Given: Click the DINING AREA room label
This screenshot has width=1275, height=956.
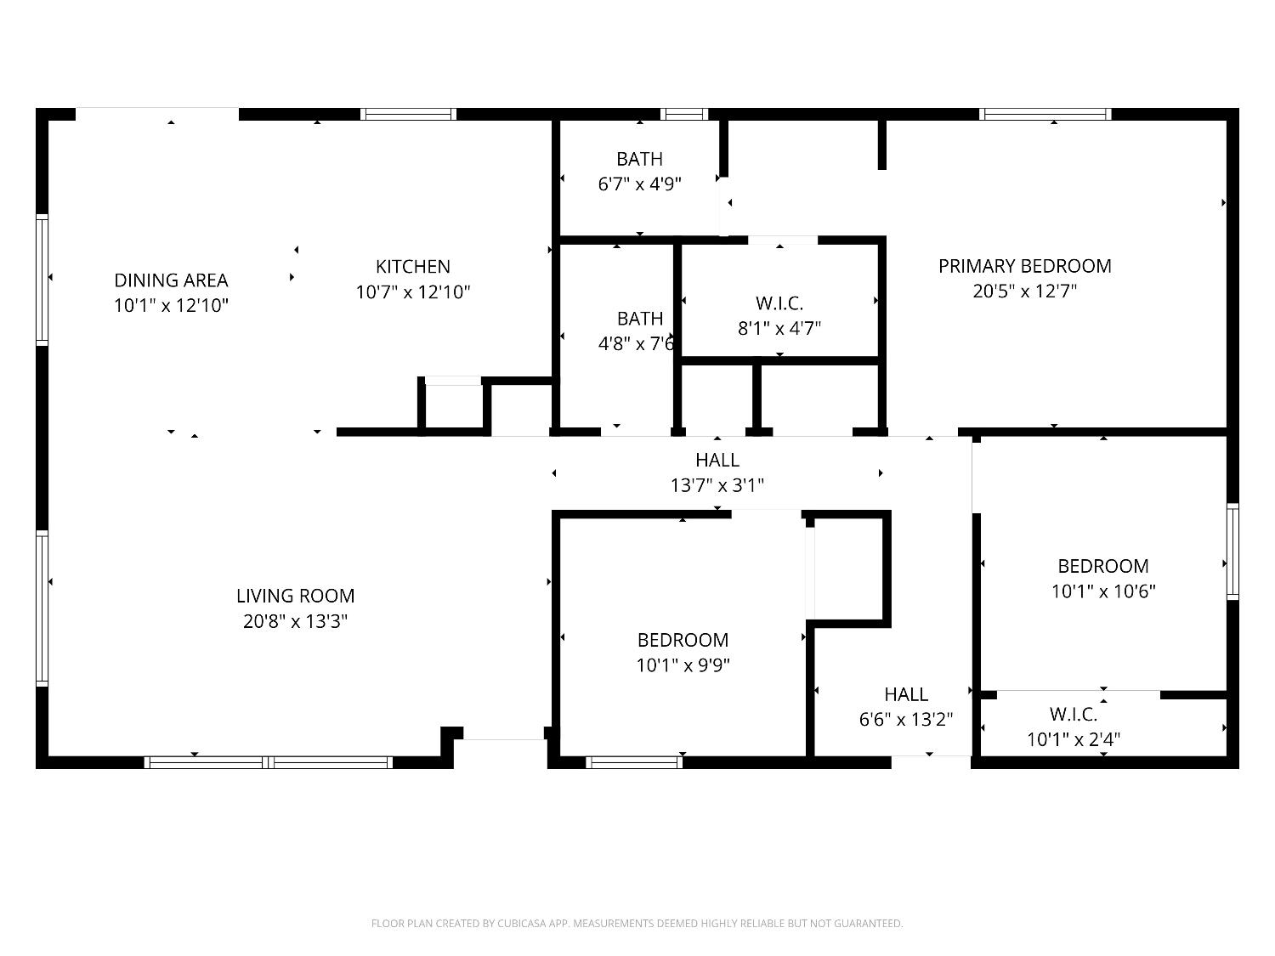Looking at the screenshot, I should click(171, 280).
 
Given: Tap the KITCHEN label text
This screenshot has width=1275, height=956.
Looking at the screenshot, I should click(413, 266).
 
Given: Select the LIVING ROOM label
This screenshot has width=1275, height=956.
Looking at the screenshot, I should click(295, 596).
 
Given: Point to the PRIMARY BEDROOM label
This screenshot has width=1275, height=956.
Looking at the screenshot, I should click(1024, 266).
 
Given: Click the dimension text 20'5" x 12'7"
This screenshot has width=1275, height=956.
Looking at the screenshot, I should click(1024, 291).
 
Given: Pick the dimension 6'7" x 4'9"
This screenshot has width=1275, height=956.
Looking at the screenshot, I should click(639, 184).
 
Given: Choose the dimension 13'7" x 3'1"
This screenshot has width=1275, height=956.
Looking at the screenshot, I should click(717, 485).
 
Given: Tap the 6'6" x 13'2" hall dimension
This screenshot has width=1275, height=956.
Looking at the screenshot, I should click(905, 720).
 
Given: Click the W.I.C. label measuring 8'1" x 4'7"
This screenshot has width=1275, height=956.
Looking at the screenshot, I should click(779, 303).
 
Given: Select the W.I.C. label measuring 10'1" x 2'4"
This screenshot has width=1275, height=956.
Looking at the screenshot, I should click(1073, 714).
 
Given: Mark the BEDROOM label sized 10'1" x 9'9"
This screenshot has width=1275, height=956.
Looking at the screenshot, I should click(683, 640).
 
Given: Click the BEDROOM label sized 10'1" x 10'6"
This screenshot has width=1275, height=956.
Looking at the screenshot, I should click(1102, 566).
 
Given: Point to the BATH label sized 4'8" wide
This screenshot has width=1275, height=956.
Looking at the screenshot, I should click(639, 318).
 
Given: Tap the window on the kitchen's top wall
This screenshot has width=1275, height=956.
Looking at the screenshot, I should click(408, 114).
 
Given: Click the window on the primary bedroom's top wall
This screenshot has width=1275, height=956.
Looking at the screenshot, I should click(1045, 114).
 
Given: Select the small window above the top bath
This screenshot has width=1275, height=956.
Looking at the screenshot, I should click(684, 114).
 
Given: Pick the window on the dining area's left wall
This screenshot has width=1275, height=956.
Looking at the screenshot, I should click(42, 280).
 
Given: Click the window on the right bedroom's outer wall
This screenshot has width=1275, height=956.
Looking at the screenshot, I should click(1232, 552).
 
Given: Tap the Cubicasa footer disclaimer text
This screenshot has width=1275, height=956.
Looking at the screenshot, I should click(637, 923).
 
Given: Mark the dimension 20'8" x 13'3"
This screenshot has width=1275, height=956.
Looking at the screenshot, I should click(295, 621).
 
